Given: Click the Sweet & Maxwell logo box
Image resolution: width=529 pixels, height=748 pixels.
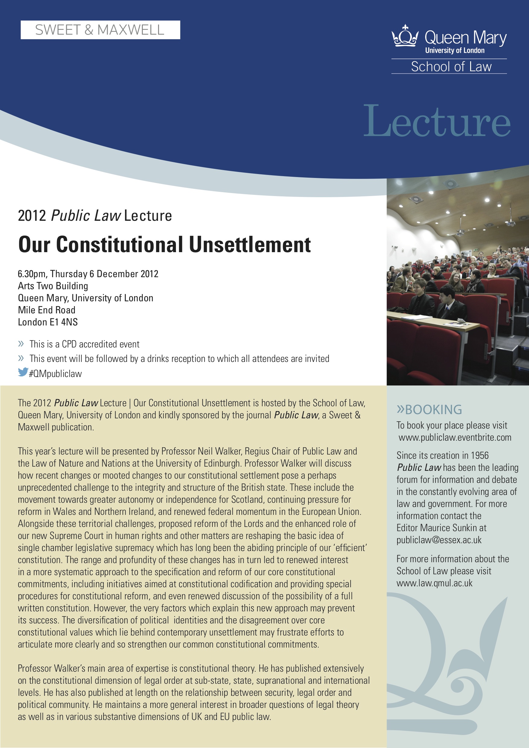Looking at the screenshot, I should point(100,30).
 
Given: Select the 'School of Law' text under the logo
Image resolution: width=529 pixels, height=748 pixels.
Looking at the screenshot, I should point(451,67).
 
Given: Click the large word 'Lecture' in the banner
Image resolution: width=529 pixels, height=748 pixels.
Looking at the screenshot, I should point(437,121).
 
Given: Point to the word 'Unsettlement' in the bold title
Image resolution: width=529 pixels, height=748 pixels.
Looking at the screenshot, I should point(249,244).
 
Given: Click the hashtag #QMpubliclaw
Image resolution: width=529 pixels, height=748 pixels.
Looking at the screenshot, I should point(56,374).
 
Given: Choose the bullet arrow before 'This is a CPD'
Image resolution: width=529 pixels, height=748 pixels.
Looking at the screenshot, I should point(21,344).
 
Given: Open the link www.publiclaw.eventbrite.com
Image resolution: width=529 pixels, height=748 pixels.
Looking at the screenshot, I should point(455,438).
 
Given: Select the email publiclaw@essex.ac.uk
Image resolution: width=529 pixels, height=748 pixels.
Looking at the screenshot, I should point(439,540).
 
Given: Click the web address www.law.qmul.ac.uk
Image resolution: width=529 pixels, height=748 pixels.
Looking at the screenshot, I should point(434,583).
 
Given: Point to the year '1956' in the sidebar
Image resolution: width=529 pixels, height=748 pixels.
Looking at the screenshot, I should point(480,455).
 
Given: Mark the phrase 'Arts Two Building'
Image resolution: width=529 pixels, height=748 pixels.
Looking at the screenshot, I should point(53,286).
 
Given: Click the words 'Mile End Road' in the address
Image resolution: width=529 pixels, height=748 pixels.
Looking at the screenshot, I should point(46,310).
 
